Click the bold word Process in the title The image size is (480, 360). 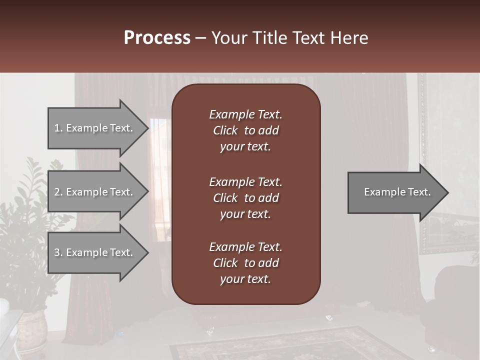157,38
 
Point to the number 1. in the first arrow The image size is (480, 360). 58,128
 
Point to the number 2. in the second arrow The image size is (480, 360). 58,192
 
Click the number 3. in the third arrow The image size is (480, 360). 58,252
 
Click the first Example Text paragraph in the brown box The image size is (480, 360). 245,130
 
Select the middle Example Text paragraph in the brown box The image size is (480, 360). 245,197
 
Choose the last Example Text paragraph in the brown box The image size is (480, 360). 245,263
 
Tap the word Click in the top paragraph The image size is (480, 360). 225,130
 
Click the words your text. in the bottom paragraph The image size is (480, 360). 245,279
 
